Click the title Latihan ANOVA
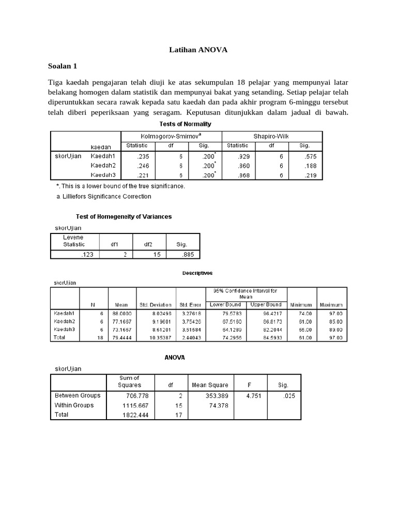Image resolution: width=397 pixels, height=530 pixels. click(x=198, y=50)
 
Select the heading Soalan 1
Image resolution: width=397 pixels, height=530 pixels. click(x=63, y=66)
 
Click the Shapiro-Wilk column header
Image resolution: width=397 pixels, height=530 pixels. click(x=271, y=136)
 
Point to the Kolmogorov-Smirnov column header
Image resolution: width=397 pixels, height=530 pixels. click(x=171, y=136)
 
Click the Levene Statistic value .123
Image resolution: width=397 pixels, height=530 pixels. click(x=87, y=254)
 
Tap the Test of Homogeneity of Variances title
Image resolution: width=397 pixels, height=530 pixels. click(x=124, y=217)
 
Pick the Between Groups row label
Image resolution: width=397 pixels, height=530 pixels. click(x=78, y=395)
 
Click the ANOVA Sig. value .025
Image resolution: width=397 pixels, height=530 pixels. click(x=288, y=395)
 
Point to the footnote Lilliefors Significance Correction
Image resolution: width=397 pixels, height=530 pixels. click(x=104, y=196)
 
